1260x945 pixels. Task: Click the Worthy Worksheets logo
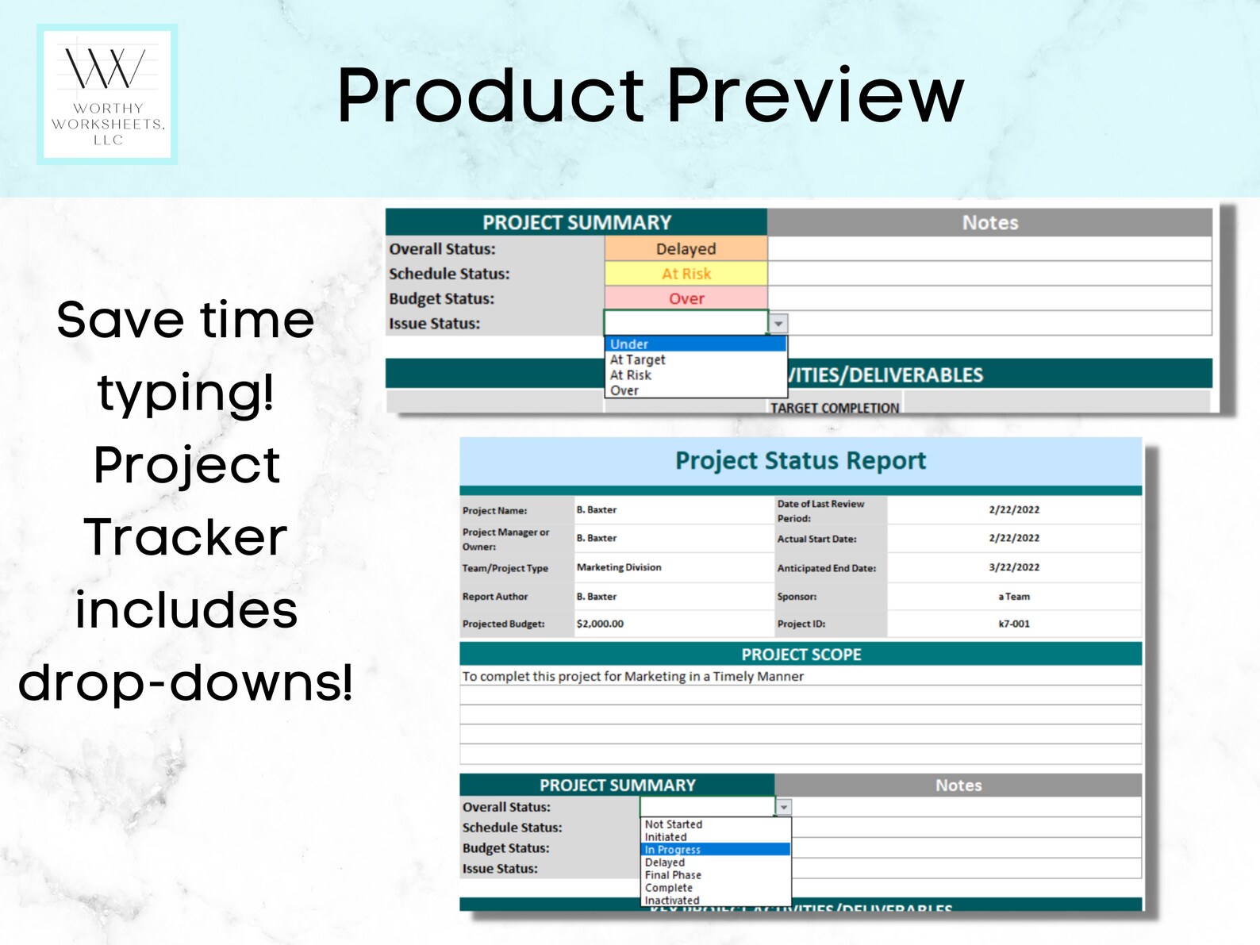107,94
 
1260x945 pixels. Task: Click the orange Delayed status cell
686,248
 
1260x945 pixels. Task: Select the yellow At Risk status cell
686,274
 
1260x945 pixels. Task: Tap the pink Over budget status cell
686,298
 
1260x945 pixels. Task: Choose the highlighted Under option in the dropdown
694,344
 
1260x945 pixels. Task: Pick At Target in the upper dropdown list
638,359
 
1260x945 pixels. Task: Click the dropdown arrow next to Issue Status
779,324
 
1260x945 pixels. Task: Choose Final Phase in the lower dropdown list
673,875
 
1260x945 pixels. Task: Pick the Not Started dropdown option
673,824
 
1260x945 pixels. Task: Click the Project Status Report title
800,461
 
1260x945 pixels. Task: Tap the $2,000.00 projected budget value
600,624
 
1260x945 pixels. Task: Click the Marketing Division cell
619,567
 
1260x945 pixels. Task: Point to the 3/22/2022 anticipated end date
1013,567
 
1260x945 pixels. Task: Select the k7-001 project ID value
1013,624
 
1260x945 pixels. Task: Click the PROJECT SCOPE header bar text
801,655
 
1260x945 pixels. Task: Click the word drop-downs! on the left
186,682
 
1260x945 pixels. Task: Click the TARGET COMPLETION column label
834,408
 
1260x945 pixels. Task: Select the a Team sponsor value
1013,597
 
